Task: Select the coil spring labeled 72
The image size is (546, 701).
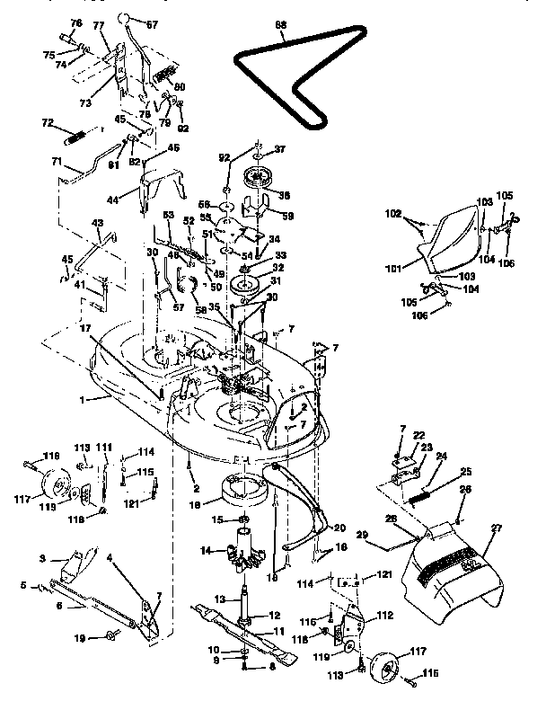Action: [78, 138]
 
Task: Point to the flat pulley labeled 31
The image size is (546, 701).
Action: [244, 287]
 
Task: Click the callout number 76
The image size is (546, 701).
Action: [75, 23]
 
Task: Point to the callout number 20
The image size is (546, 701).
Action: [339, 528]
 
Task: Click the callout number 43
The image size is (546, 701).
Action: [98, 223]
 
